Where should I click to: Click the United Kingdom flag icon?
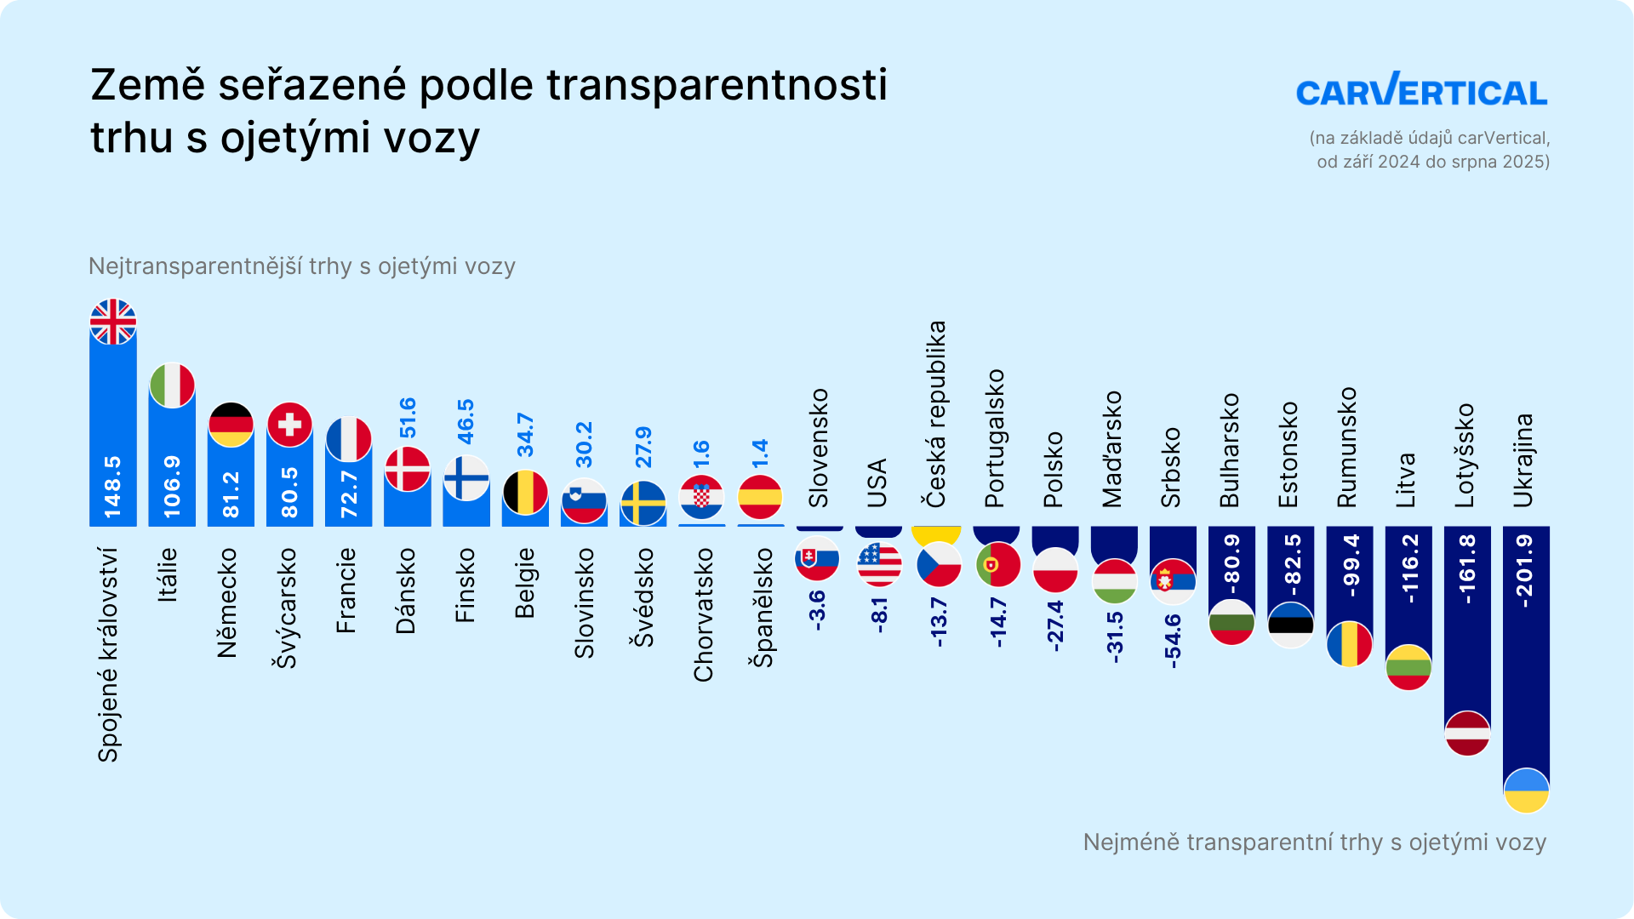(113, 322)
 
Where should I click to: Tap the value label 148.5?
(113, 487)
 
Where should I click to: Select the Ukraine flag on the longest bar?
(1526, 791)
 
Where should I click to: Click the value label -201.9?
(1525, 570)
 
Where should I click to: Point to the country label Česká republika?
(936, 414)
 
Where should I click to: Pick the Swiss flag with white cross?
(289, 424)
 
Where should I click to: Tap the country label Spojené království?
(108, 654)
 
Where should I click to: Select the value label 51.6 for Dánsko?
(408, 418)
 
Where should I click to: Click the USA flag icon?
(878, 563)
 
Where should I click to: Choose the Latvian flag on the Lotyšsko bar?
(1467, 733)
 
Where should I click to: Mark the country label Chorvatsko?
(703, 615)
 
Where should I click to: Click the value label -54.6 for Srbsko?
(1173, 640)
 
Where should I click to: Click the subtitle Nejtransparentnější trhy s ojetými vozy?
(302, 266)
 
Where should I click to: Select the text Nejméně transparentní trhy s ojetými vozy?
(1314, 842)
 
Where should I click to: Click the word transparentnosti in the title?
(717, 85)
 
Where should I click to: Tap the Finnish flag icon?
(466, 477)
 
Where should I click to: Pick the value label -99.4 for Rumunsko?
(1350, 565)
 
